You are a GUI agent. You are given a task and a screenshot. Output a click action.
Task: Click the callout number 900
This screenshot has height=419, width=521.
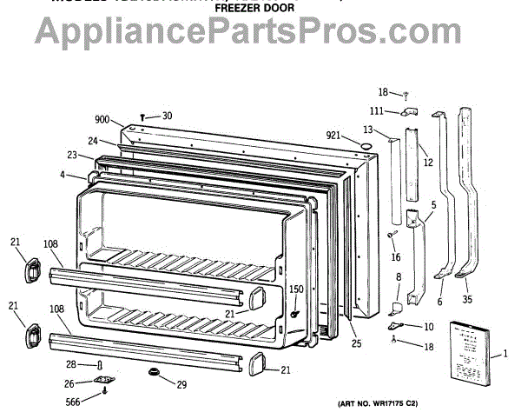[102, 120]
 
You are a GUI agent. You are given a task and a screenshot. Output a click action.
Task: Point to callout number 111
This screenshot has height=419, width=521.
[377, 111]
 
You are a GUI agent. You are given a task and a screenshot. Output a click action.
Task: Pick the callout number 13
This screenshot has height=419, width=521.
[368, 130]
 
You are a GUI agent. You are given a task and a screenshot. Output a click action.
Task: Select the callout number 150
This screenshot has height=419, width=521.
[296, 289]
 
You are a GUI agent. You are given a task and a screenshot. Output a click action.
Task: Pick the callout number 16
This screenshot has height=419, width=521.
[396, 257]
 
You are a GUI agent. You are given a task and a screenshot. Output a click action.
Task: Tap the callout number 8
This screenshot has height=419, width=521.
[398, 277]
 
